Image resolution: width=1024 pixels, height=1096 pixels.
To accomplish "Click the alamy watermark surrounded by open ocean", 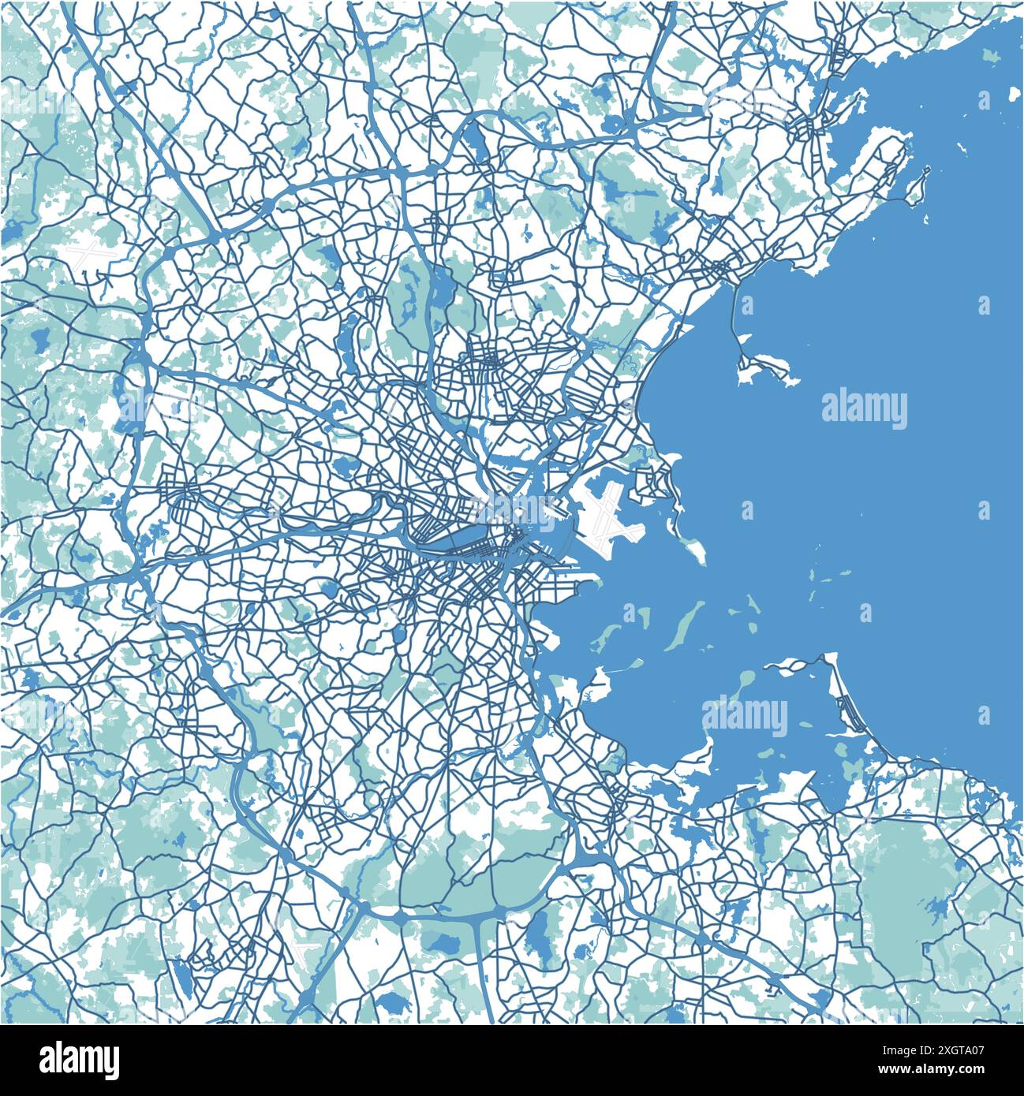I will [864, 408].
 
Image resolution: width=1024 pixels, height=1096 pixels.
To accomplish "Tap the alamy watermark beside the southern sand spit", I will [745, 716].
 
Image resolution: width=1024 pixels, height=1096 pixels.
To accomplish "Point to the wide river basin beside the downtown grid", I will [442, 540].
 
